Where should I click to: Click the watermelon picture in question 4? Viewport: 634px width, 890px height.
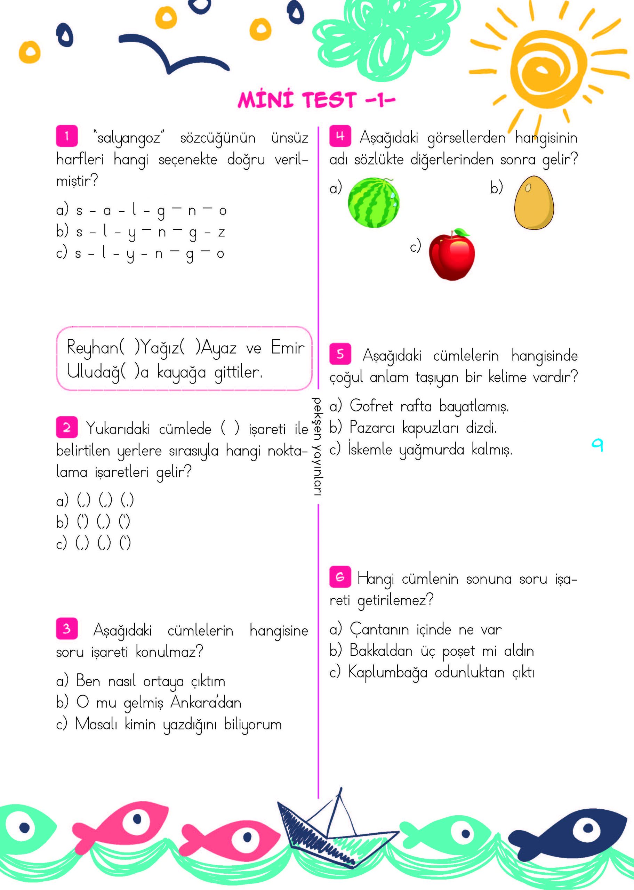point(374,203)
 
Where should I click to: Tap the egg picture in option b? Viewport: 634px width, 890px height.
point(534,203)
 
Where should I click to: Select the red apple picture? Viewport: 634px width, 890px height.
point(452,255)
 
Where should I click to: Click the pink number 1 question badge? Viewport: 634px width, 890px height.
point(67,136)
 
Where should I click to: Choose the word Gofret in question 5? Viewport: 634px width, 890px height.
point(371,406)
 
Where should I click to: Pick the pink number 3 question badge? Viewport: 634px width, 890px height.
point(67,629)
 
